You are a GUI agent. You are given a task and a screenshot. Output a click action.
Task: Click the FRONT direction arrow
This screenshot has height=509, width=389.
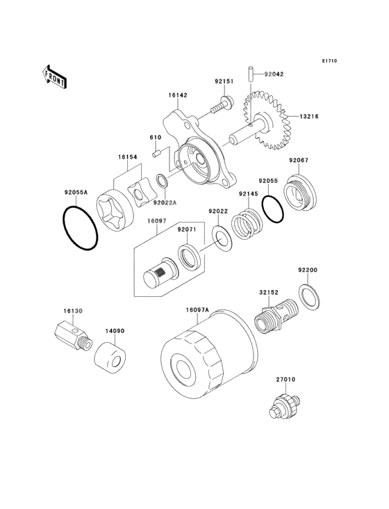(54, 76)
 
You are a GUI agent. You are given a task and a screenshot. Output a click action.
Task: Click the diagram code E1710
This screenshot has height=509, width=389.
(329, 60)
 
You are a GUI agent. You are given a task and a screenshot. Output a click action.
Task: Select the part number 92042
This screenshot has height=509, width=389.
(274, 74)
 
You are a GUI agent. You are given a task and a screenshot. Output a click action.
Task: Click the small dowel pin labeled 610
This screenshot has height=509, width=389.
(157, 153)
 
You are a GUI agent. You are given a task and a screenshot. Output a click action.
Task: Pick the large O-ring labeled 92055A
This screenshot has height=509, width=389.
(80, 228)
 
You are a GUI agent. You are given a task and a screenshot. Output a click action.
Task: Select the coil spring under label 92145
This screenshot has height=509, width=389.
(246, 224)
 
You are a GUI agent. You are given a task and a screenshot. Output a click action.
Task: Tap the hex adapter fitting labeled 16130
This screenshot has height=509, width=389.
(73, 338)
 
